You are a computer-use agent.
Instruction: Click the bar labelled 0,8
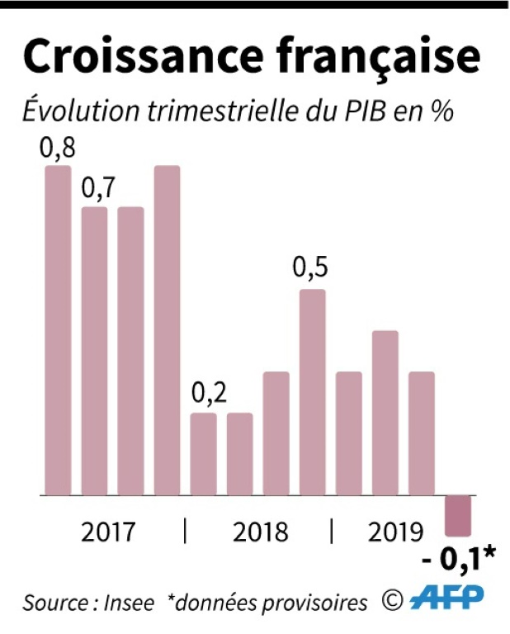click(58, 330)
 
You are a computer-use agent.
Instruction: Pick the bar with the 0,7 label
click(94, 351)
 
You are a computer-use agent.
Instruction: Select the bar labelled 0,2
click(203, 454)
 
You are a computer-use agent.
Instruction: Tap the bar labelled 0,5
click(312, 392)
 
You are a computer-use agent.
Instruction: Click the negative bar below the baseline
click(457, 514)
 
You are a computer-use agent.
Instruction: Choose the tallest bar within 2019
click(385, 413)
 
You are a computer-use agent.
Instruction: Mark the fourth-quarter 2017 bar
click(167, 330)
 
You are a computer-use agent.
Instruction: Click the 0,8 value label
click(58, 149)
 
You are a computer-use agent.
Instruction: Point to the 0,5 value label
click(312, 271)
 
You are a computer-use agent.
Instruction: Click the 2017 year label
click(108, 532)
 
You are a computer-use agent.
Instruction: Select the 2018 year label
click(261, 532)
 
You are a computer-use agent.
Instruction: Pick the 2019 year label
click(395, 532)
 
